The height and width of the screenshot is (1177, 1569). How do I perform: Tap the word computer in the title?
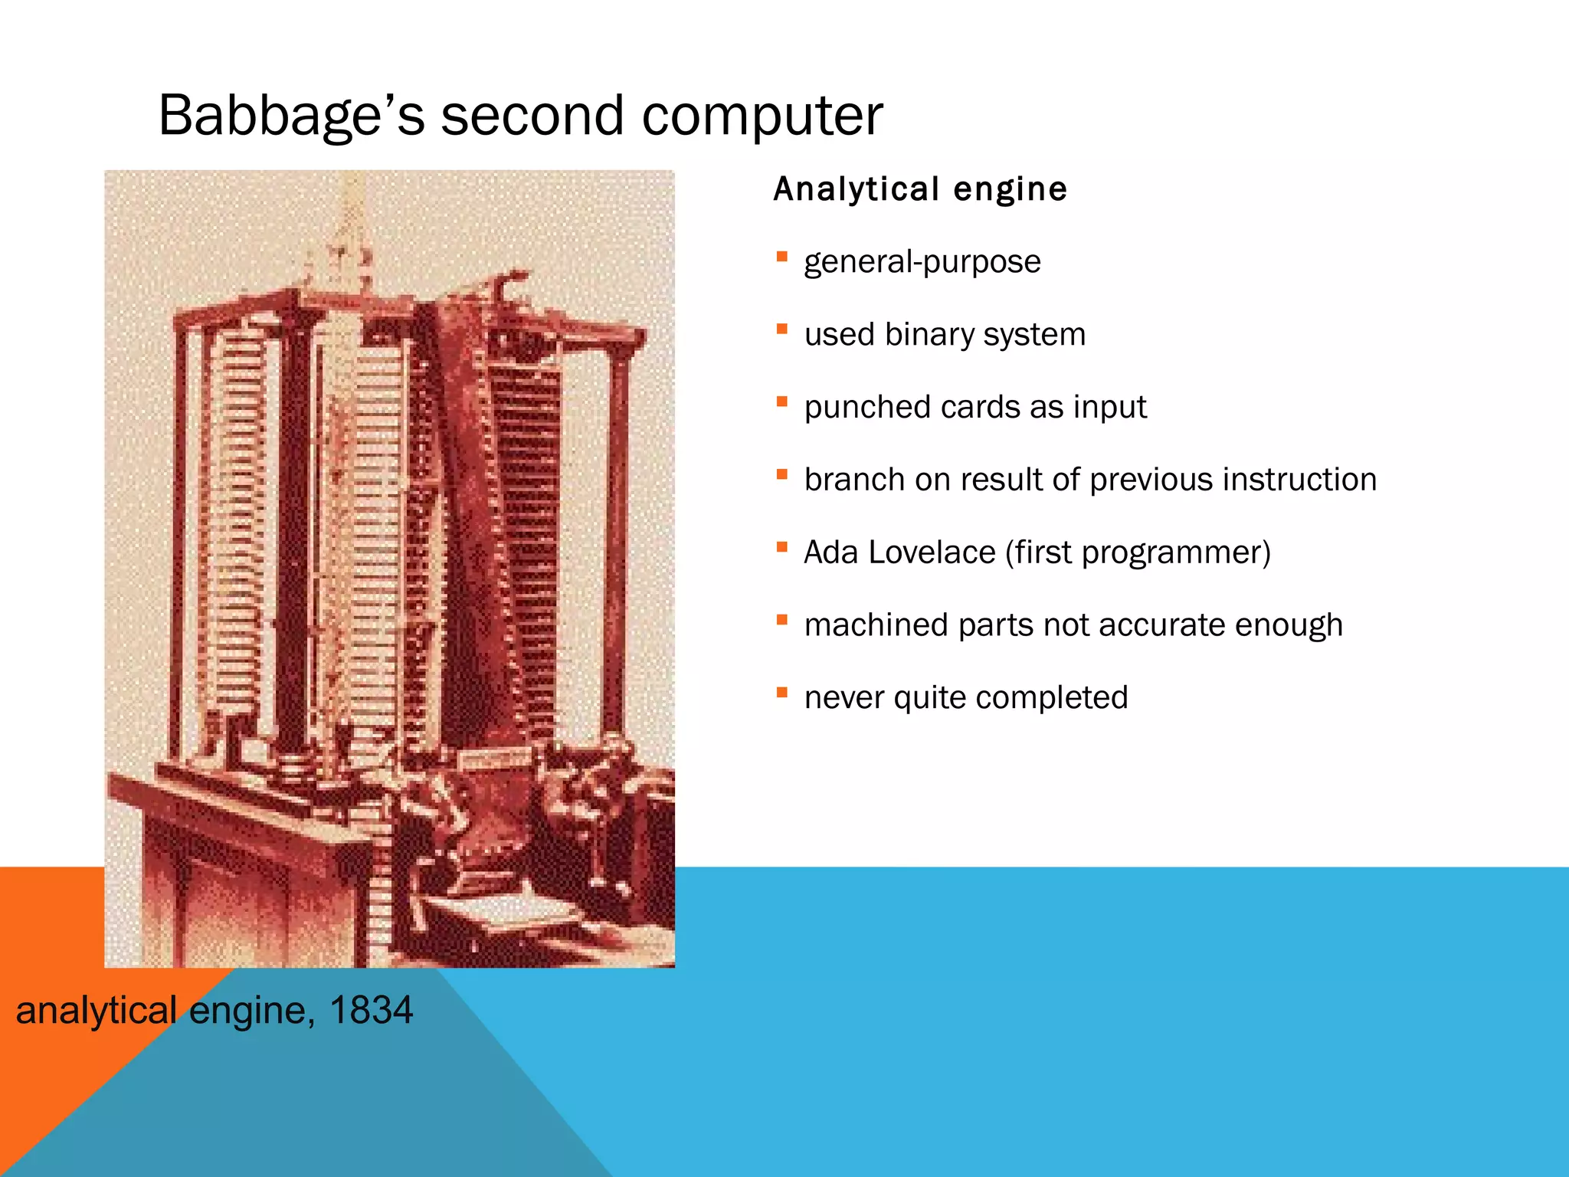pos(762,116)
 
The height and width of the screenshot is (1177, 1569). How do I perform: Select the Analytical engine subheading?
pos(920,189)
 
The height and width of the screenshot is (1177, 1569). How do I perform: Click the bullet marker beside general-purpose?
pos(781,257)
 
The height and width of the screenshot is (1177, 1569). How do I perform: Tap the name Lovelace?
pos(932,552)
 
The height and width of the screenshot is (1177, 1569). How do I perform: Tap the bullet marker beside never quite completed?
pos(781,693)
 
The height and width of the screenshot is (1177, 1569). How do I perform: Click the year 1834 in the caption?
pos(371,1010)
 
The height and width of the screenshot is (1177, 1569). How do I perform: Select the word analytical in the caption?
pos(97,1010)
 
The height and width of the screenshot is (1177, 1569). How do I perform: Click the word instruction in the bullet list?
pos(1299,480)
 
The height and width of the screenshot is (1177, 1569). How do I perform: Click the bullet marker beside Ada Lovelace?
pos(781,547)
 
